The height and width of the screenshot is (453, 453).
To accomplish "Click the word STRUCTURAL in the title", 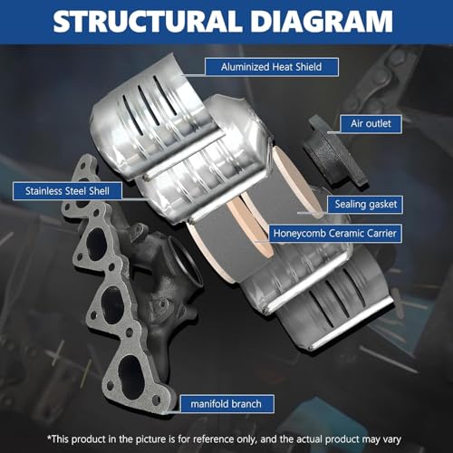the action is pos(147,21).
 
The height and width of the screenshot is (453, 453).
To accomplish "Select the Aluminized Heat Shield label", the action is pos(272,67).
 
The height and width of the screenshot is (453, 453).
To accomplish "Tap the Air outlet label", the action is pos(371,123).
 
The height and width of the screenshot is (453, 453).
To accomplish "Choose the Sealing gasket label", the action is pos(365,205).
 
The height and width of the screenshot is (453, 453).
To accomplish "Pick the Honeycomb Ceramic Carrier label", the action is pos(335,233).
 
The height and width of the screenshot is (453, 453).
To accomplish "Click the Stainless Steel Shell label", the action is pos(67,191).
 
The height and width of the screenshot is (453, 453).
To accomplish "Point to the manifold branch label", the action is pos(226,404).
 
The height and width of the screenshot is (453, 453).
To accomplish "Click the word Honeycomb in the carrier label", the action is pos(299,234).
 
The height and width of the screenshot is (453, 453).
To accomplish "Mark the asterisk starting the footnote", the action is pos(50,437).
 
